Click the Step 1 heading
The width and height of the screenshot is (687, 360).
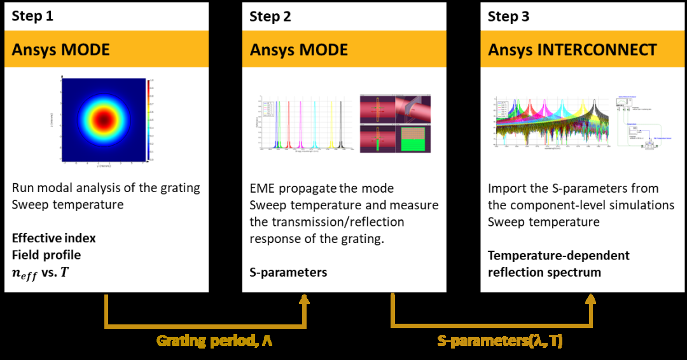(x=32, y=16)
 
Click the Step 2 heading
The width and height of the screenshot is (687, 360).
(x=270, y=16)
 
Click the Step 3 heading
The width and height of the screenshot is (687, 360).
(x=508, y=16)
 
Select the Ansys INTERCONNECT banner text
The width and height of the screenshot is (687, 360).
(x=572, y=50)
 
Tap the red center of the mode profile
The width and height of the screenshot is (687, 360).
(x=102, y=120)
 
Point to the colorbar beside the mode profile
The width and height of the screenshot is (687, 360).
(x=148, y=120)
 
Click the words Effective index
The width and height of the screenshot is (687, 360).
(x=54, y=239)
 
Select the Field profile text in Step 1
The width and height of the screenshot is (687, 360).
(x=46, y=255)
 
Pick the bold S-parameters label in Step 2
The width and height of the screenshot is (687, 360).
(x=288, y=272)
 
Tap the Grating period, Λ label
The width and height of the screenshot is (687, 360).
(x=214, y=341)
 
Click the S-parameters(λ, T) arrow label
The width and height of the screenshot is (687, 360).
(x=500, y=341)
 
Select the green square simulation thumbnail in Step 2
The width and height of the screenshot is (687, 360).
(x=413, y=138)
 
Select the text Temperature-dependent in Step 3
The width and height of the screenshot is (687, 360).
(x=559, y=256)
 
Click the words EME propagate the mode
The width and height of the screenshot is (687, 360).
(x=321, y=188)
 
